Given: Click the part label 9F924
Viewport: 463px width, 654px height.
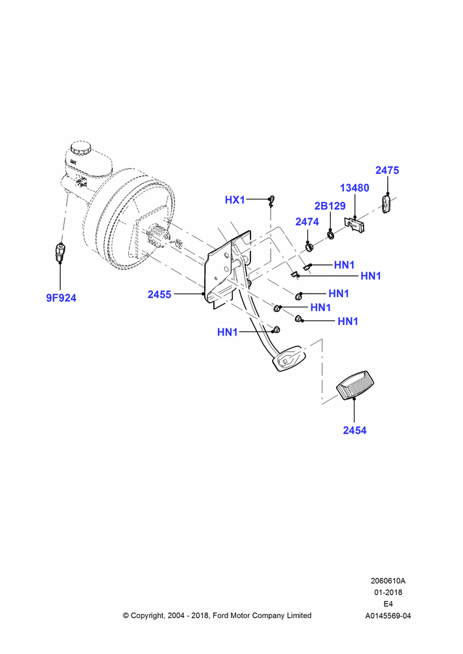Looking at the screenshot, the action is [61, 298].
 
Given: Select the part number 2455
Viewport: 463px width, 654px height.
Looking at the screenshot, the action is [160, 294].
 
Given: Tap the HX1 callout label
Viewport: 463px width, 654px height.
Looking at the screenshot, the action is [235, 199].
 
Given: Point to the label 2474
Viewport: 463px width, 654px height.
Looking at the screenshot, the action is [307, 222].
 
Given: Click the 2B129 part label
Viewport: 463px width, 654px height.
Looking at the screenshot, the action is [330, 205].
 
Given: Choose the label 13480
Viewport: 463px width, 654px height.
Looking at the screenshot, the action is [354, 188].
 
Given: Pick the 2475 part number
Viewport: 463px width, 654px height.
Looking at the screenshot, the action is [387, 170].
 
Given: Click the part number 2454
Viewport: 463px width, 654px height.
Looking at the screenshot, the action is [354, 430].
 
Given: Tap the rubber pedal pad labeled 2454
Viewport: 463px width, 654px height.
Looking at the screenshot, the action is [355, 385].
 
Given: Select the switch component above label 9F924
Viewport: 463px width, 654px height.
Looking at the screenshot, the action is [60, 252].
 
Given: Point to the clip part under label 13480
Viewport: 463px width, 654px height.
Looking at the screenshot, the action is [355, 224].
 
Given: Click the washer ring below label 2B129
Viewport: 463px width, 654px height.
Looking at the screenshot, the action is [330, 235].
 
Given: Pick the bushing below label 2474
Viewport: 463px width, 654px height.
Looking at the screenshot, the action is [309, 247].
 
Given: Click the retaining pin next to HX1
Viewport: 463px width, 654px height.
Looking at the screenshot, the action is [271, 201].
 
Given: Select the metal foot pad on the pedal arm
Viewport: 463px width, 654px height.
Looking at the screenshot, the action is [290, 358].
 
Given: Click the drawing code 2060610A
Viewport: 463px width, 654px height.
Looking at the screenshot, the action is [388, 581].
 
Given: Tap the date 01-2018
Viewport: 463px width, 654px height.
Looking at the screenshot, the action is [388, 593].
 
